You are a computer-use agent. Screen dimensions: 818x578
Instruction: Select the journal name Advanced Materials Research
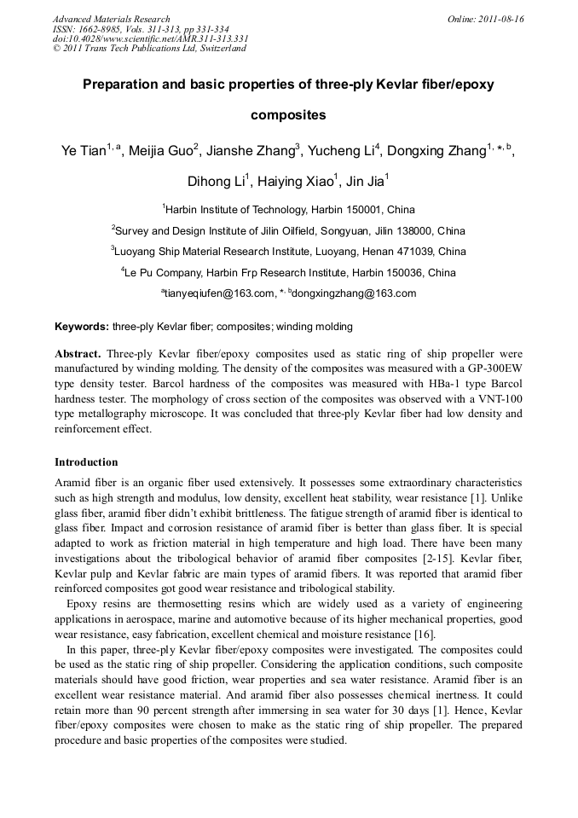click(x=112, y=19)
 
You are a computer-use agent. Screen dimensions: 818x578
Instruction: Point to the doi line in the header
click(x=150, y=38)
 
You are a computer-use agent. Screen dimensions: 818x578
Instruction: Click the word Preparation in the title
click(x=118, y=85)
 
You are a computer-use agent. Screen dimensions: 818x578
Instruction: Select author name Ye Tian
click(x=84, y=152)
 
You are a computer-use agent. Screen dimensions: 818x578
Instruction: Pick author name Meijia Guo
click(x=161, y=152)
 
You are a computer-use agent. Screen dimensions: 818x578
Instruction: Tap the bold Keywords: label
click(x=82, y=327)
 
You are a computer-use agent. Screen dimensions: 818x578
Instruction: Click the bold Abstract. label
click(x=78, y=353)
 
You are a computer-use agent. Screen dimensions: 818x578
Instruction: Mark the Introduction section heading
click(x=86, y=462)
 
